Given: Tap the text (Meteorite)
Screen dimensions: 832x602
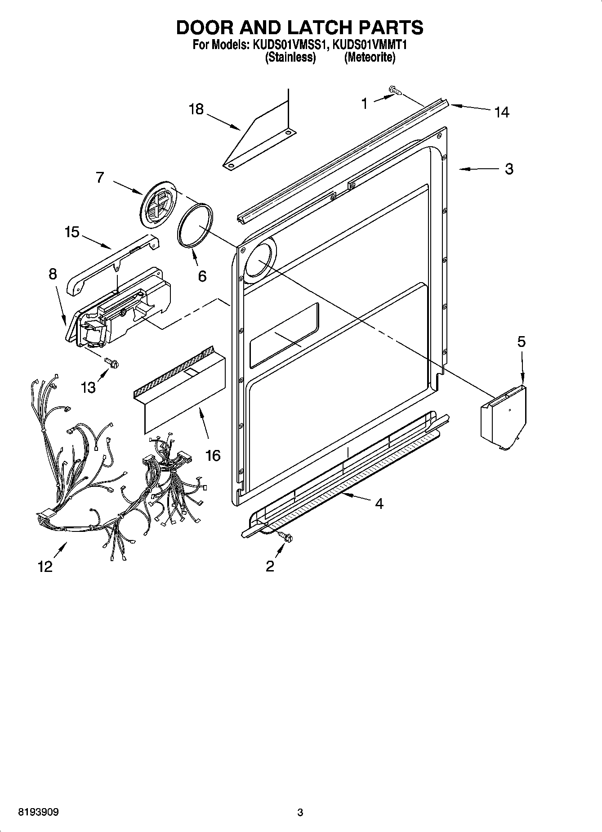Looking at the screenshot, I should [x=370, y=58].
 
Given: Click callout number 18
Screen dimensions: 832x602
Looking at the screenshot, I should [x=196, y=109].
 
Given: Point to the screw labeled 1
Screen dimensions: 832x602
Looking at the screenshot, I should [x=395, y=91].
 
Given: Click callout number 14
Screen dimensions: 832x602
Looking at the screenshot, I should [x=502, y=112].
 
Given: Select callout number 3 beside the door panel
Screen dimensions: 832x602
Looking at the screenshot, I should [x=508, y=169].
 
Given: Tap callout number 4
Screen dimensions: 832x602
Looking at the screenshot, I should [x=379, y=504].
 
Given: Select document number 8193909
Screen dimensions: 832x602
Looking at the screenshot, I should [x=38, y=812].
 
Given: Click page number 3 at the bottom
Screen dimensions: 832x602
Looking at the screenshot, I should [x=300, y=812].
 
